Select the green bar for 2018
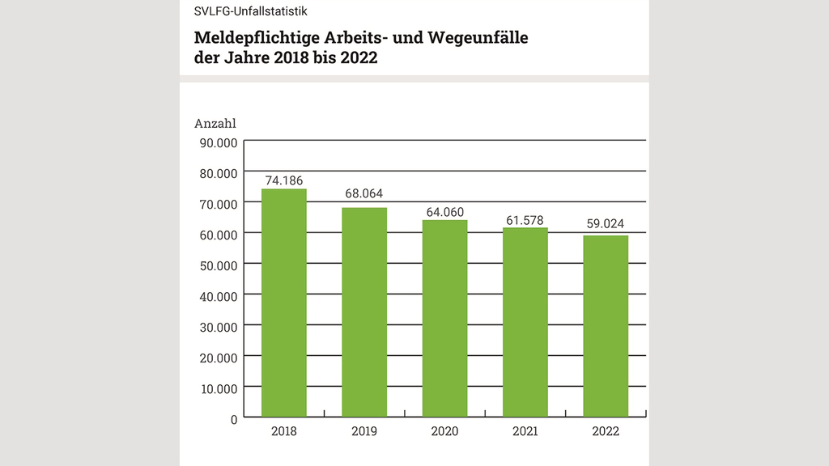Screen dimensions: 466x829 [283, 303]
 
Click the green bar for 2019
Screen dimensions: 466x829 [363, 312]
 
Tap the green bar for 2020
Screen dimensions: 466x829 [444, 319]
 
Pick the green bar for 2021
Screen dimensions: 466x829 [525, 323]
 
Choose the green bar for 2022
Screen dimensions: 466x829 [606, 326]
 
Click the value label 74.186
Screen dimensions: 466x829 [283, 180]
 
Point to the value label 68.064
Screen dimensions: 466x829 [363, 194]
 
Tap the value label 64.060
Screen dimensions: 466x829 [444, 212]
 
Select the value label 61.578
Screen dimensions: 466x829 [525, 219]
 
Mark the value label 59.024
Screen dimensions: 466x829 [606, 224]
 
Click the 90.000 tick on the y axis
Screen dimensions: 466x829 [216, 142]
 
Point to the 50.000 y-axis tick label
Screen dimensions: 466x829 [216, 265]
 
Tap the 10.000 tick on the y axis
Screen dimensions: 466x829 [216, 388]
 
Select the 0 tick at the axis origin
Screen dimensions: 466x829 [233, 419]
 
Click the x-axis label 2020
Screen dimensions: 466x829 [444, 431]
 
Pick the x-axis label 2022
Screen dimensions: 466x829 [606, 431]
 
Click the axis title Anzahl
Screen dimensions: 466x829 [215, 124]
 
